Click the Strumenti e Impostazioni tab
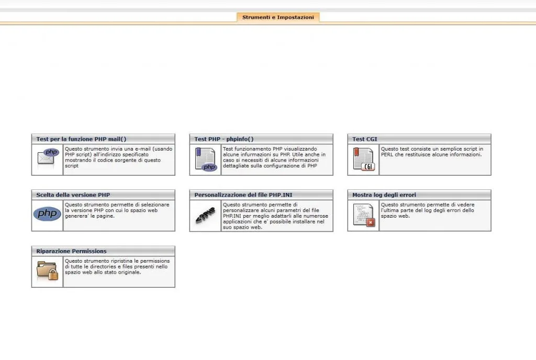278,17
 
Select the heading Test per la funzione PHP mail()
81,139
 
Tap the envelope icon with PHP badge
48,158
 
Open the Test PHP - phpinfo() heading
224,139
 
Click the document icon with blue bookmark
205,160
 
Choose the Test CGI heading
365,139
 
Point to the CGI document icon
364,160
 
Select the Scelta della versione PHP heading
73,195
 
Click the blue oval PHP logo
48,214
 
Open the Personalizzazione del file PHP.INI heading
243,195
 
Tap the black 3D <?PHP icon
205,215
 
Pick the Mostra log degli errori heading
384,195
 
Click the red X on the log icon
371,223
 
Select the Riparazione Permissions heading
71,251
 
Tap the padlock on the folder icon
53,274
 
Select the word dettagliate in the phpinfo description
236,166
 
